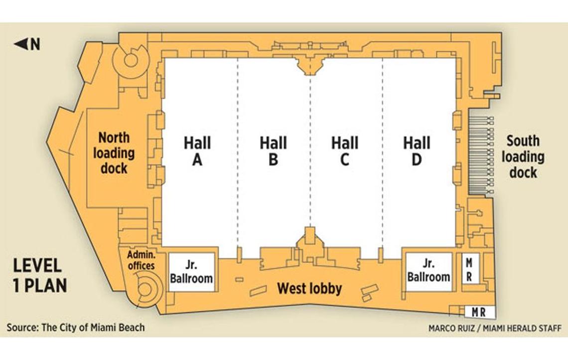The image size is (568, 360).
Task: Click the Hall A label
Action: (x=197, y=151)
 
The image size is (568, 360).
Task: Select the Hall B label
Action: (x=273, y=151)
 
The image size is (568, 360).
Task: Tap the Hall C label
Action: (x=345, y=151)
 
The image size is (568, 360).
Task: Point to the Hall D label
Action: (x=417, y=151)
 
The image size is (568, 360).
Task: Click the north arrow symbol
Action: (x=27, y=44)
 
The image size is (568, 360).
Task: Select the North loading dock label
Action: (x=114, y=153)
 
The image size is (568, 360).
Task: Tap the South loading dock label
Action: (x=523, y=156)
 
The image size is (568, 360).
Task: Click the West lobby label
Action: (x=310, y=289)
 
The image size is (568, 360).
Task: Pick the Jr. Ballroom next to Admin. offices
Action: (x=192, y=272)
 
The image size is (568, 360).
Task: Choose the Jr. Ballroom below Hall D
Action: (x=429, y=272)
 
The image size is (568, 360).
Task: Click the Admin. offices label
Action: (x=142, y=260)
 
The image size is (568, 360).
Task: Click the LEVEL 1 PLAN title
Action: (x=40, y=276)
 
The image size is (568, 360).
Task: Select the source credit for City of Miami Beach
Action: (x=76, y=328)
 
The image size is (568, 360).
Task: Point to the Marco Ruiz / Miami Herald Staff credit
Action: (x=495, y=328)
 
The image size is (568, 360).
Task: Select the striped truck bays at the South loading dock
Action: (x=481, y=155)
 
